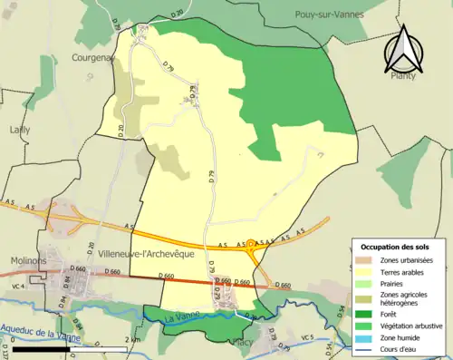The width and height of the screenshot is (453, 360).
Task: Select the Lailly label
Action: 19,130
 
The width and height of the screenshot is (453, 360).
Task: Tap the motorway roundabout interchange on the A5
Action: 251,244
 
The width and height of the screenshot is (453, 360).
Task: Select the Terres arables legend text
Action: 408,271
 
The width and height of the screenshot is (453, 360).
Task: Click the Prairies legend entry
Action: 398,283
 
